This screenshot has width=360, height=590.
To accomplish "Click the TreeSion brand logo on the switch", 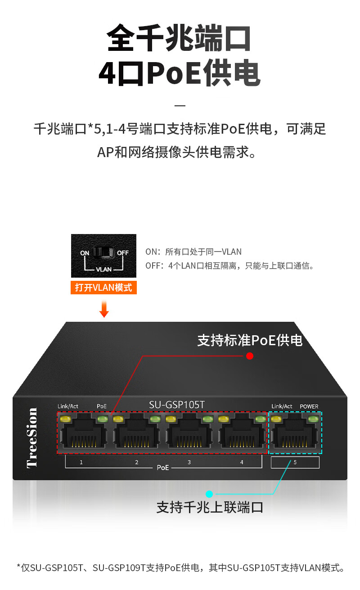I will [x=32, y=437].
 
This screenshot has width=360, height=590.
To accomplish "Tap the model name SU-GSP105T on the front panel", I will [x=177, y=405].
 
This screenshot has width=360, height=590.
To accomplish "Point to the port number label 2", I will [x=136, y=462].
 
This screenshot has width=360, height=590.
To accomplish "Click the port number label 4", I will [x=242, y=462].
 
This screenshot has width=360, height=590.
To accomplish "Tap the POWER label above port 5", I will [x=309, y=406].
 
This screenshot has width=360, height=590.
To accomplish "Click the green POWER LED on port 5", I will [x=313, y=419].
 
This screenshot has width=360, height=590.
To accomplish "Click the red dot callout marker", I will [x=250, y=356].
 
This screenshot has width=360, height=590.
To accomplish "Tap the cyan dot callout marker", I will [x=209, y=493].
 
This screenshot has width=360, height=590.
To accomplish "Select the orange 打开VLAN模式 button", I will [x=103, y=288].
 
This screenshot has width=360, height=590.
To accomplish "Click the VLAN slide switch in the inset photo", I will [x=103, y=253].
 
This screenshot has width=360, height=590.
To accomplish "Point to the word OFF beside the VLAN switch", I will [x=123, y=253].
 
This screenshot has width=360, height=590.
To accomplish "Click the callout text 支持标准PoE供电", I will [x=250, y=340].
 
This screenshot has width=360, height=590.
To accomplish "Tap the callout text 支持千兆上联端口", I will [x=210, y=507].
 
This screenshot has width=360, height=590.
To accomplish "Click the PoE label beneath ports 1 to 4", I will [x=163, y=468].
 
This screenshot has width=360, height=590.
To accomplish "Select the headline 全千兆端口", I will [x=179, y=39].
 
